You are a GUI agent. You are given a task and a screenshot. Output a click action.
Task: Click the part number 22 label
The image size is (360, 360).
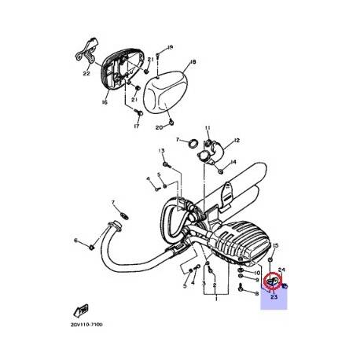tap(86, 75)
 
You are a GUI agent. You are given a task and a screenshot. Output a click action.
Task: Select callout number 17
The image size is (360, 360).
tap(136, 127)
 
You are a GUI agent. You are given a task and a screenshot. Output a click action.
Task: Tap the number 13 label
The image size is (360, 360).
tap(162, 149)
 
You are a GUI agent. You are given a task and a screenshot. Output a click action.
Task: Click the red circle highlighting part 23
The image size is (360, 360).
tap(273, 280)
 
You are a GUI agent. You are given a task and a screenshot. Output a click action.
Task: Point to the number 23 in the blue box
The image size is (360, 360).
tap(274, 297)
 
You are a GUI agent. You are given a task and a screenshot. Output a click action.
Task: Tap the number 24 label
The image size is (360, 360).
tap(281, 269)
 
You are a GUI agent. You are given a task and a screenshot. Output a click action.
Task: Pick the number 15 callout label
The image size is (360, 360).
tap(275, 245)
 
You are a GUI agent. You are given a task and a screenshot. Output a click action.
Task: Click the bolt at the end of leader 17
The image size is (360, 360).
tap(136, 116)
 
